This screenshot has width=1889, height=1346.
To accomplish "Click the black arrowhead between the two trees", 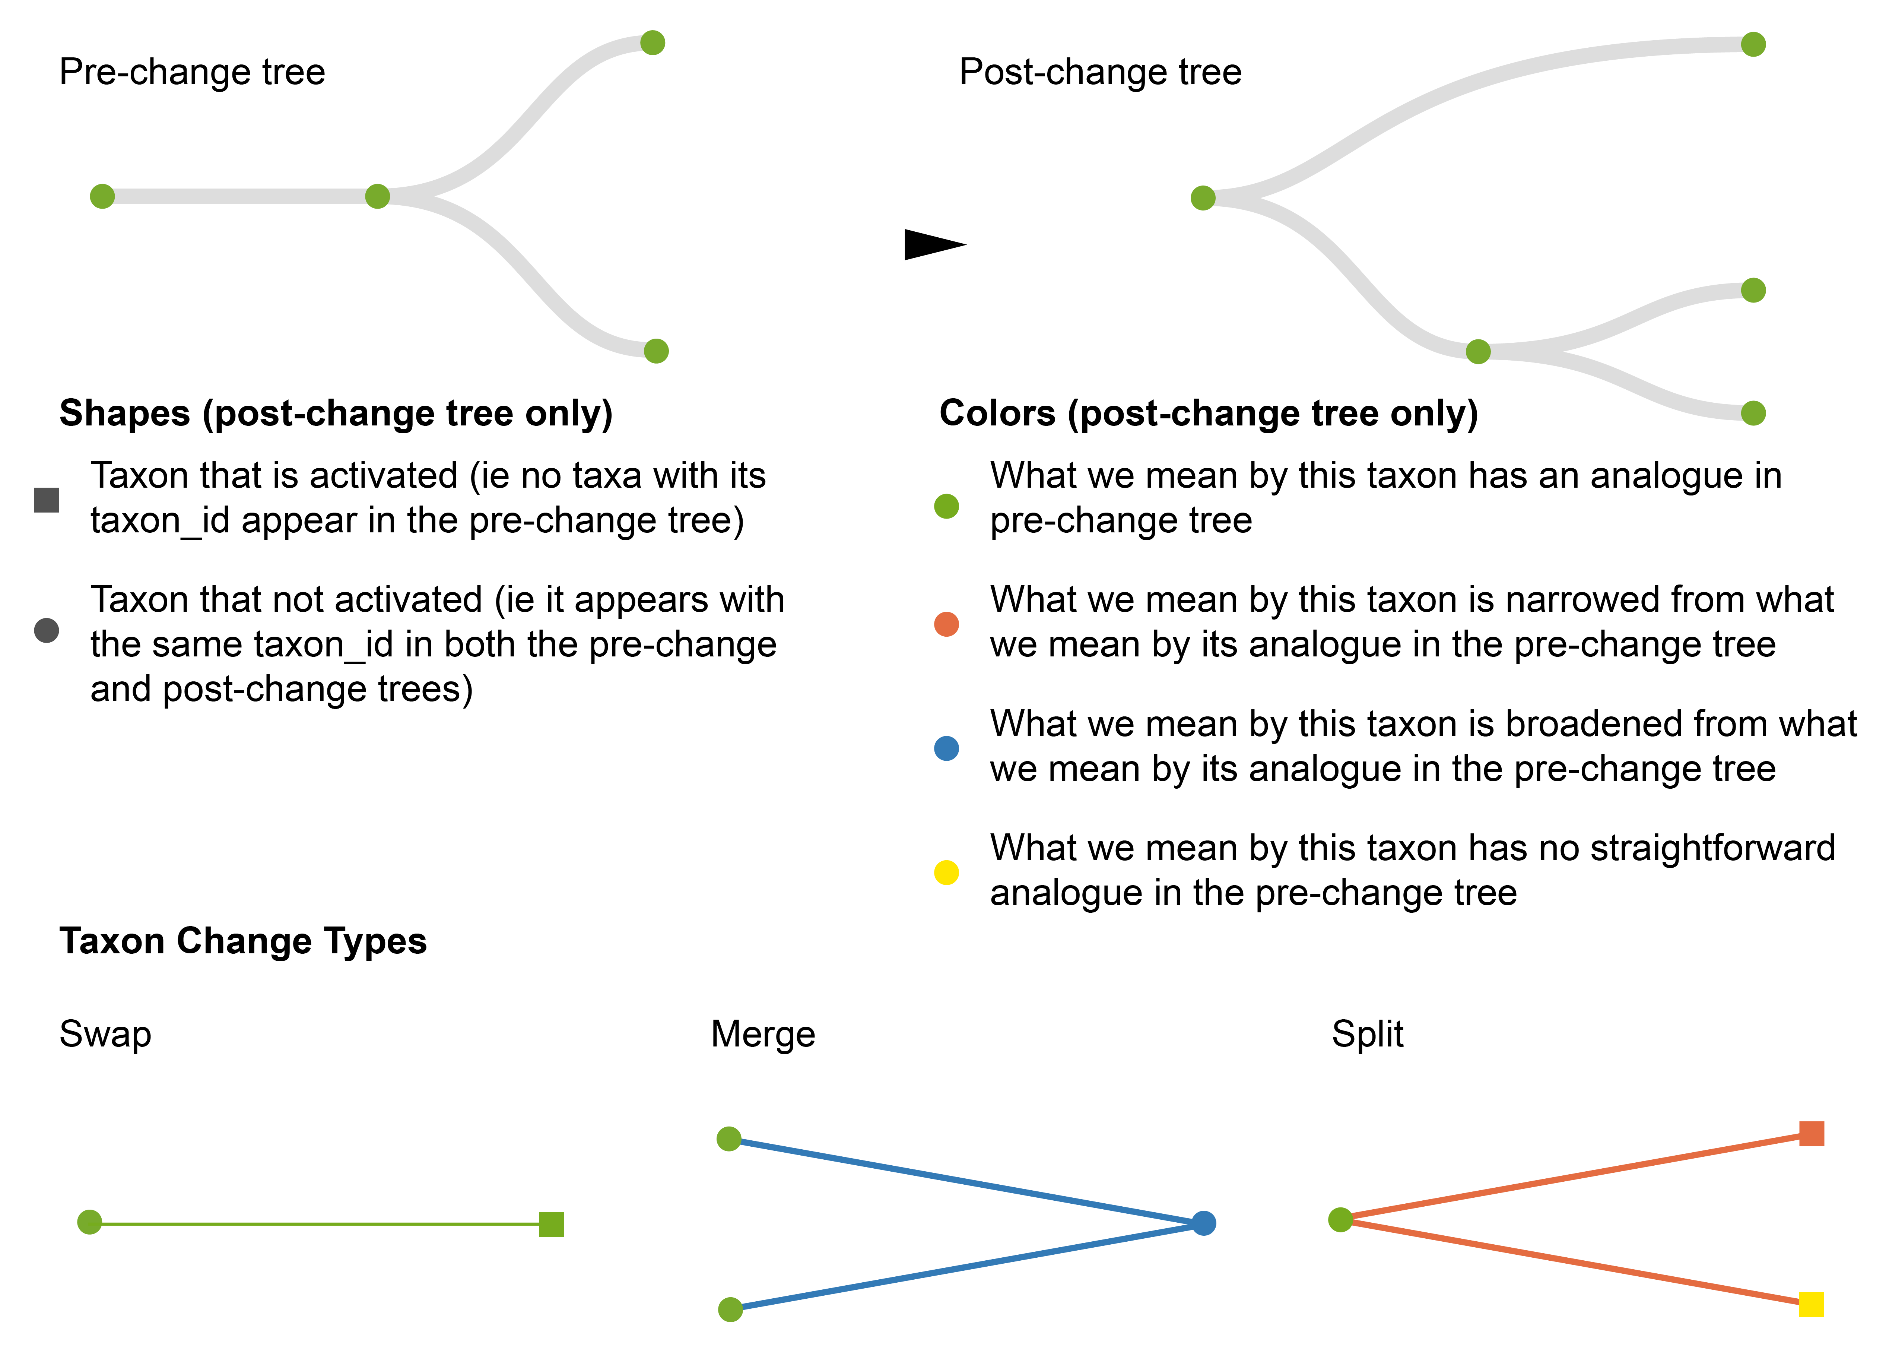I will [932, 244].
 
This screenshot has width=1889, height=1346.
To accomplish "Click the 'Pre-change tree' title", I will [192, 72].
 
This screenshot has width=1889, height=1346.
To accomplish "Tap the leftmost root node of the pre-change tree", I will [102, 196].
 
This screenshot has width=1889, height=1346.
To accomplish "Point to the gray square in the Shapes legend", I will [47, 500].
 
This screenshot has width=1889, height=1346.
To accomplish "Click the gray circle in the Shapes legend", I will [47, 630].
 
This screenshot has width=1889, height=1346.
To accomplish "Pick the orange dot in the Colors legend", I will [946, 624].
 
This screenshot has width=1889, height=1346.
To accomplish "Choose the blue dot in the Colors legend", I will [946, 748].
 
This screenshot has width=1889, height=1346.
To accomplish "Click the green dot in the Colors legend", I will [946, 506].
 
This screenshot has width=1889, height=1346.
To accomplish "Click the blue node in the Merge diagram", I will [1204, 1223].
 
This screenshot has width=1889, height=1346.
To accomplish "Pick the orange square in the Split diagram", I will [1812, 1133].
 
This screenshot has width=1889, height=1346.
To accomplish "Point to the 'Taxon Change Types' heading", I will [243, 941].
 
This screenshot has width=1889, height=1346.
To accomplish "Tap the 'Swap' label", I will [105, 1034].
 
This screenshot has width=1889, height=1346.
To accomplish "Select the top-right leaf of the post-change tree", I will [1753, 44].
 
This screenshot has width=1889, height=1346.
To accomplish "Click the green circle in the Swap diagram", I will [89, 1222].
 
